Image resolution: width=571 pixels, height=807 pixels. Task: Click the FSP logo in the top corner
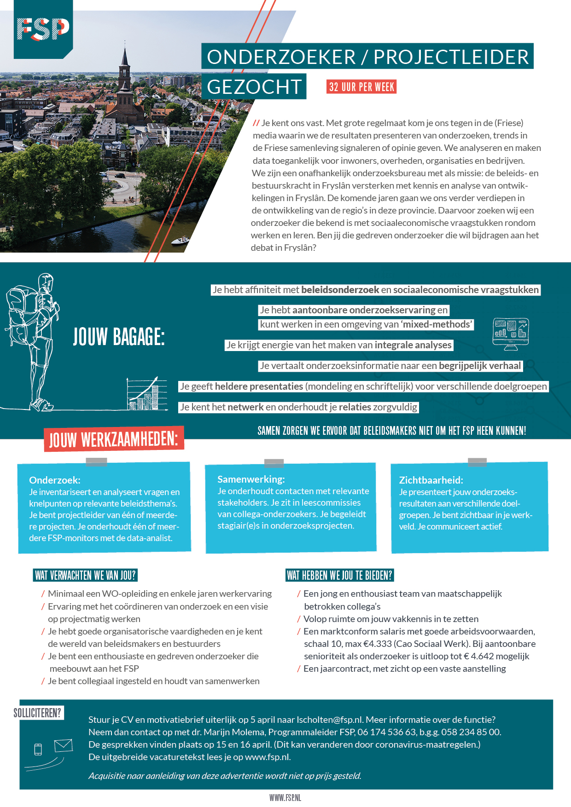(43, 29)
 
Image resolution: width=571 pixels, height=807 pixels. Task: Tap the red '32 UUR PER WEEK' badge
(361, 87)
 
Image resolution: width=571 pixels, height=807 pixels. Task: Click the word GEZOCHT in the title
(254, 86)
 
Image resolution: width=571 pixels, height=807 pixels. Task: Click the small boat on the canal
(180, 240)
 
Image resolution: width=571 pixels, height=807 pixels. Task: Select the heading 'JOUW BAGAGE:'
(119, 337)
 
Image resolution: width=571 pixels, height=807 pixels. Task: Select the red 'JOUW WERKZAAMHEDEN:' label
(114, 439)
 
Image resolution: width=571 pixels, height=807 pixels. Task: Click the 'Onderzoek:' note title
(54, 480)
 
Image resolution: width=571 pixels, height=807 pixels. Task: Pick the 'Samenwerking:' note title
(251, 479)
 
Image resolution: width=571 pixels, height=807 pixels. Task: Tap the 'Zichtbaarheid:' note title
(431, 480)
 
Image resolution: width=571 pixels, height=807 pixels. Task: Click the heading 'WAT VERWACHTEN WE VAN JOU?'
(86, 575)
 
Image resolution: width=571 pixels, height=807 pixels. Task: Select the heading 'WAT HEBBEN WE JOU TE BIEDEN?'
(339, 575)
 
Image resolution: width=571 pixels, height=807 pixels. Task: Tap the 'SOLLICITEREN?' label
(37, 713)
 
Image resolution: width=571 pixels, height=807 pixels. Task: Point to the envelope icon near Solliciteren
(63, 745)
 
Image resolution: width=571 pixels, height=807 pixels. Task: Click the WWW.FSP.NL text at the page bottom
(285, 798)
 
